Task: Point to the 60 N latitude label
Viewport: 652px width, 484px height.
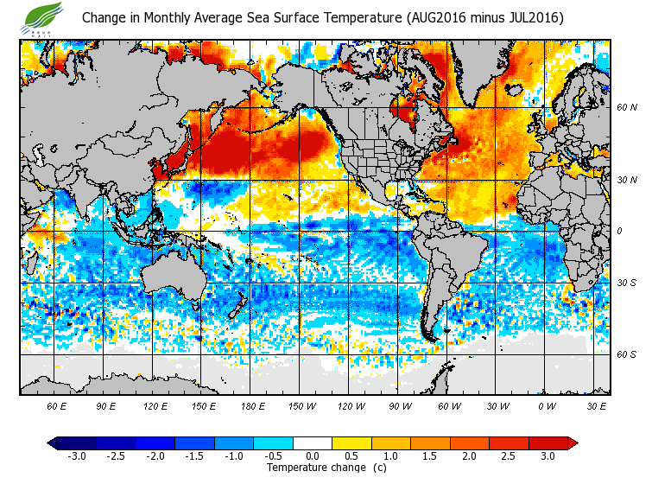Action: point(627,108)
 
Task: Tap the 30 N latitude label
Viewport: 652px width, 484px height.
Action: point(627,180)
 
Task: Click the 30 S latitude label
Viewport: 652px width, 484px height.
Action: point(627,283)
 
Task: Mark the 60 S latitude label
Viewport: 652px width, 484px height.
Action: point(627,354)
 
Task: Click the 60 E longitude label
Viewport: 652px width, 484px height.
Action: point(57,405)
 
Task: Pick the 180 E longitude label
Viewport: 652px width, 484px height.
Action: point(253,405)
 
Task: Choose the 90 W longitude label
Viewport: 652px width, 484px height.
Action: point(400,405)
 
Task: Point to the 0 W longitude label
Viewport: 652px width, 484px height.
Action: point(547,405)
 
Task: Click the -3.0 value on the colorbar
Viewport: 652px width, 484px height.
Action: point(77,455)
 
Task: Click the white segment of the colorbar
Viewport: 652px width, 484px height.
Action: point(313,443)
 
